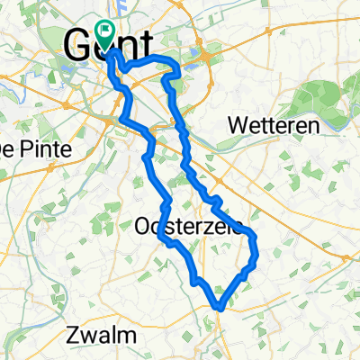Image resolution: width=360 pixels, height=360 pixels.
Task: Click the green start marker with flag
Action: [x=107, y=35]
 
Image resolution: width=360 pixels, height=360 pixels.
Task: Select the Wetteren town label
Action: [x=274, y=126]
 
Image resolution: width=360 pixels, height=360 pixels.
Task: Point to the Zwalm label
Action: [x=102, y=336]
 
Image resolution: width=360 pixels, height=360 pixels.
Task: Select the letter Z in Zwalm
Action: [x=74, y=336]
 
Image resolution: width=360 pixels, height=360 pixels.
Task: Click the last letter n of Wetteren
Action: [x=314, y=126]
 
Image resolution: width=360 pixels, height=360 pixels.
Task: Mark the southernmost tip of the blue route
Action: [x=219, y=309]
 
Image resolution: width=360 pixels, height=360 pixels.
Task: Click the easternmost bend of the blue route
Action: [x=256, y=241]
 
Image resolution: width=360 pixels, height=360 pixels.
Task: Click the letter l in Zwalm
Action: [x=114, y=336]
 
